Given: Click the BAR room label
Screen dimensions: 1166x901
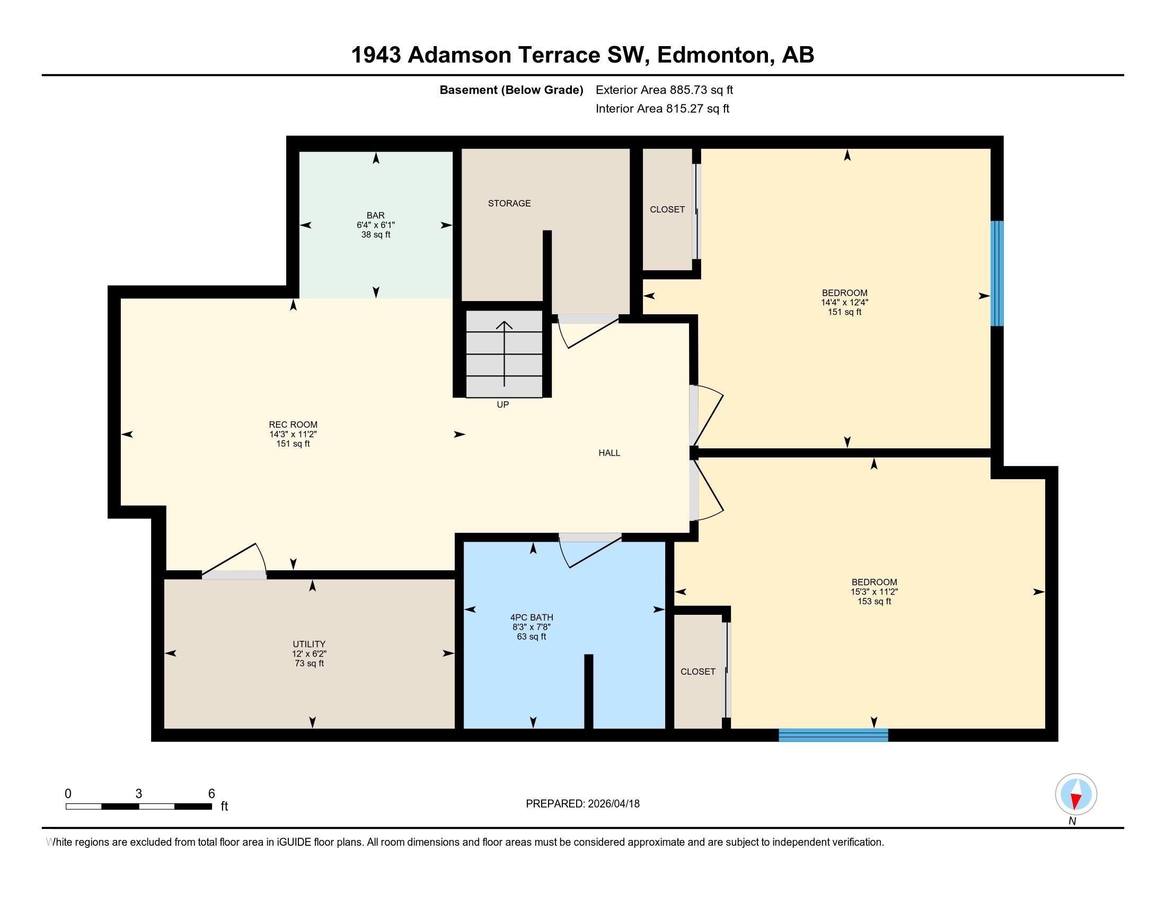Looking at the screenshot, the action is click(x=376, y=216).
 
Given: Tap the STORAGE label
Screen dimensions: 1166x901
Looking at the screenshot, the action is click(x=509, y=204).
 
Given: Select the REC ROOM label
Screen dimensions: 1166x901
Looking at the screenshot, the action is click(x=293, y=425).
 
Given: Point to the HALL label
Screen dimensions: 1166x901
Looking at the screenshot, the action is click(x=609, y=453).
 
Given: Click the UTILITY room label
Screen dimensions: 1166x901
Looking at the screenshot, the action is click(x=309, y=644).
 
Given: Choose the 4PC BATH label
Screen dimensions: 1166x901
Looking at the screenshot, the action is click(x=532, y=617).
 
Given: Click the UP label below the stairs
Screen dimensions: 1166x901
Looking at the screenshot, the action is click(x=503, y=404).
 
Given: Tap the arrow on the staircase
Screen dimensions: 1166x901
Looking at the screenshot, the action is click(x=505, y=354).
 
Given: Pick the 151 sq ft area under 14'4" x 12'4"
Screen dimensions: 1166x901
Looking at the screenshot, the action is click(x=845, y=312).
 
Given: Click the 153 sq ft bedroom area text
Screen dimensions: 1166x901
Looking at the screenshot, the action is click(x=874, y=602).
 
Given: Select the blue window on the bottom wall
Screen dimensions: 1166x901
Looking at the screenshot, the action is click(x=833, y=735).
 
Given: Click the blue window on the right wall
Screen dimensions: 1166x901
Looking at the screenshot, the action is click(x=997, y=273).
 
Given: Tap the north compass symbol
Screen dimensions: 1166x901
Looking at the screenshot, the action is click(x=1076, y=795).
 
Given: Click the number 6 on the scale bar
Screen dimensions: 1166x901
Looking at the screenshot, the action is click(x=211, y=794).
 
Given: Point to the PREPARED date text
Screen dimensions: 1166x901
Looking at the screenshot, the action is click(x=582, y=804).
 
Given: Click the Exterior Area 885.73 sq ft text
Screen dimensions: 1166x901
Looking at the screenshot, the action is click(x=664, y=90).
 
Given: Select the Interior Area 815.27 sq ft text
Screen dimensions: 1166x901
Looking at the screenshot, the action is click(x=662, y=109).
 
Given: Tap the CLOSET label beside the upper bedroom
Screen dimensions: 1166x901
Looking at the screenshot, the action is click(x=667, y=210).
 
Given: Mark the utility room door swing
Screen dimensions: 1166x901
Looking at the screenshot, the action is click(x=235, y=561).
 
